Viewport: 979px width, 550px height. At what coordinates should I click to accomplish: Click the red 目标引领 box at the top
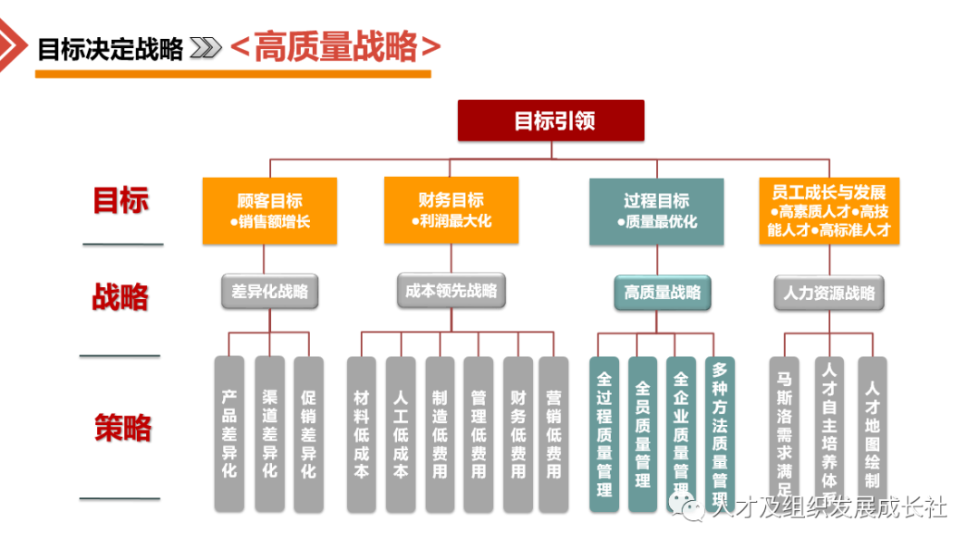pos(550,121)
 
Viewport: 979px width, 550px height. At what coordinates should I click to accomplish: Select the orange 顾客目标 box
pos(269,211)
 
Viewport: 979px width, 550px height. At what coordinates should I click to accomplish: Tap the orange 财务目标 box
pos(451,210)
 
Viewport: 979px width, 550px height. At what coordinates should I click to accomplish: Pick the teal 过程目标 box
pos(656,211)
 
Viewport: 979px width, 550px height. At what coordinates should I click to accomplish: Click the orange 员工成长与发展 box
pos(829,211)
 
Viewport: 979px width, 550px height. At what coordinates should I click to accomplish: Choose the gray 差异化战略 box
pos(269,292)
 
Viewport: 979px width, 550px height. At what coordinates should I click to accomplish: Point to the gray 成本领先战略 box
pos(451,291)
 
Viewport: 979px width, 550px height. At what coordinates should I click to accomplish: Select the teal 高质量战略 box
pos(662,293)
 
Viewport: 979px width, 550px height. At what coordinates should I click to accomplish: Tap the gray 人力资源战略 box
pos(829,293)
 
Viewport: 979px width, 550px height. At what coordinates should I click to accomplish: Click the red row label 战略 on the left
pos(120,296)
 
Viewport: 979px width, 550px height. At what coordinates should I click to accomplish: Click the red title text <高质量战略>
pos(336,47)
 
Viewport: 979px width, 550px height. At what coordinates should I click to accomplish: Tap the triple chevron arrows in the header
pos(206,48)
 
